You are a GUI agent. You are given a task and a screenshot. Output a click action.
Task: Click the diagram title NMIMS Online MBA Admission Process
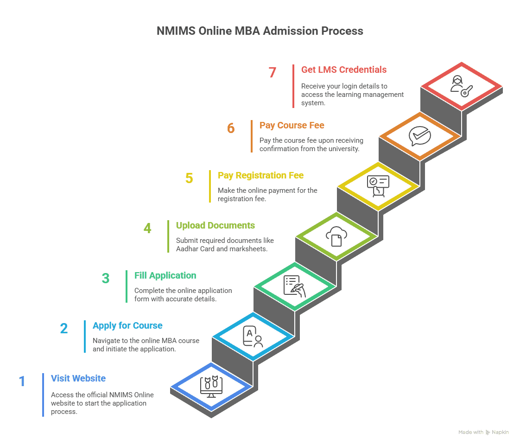point(260,31)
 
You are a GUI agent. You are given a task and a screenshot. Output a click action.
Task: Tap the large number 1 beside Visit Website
point(22,381)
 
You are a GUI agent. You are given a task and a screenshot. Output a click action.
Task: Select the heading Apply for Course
point(127,325)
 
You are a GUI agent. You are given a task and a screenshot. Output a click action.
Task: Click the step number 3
point(106,279)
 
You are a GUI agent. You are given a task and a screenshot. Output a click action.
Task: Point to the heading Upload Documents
point(216,225)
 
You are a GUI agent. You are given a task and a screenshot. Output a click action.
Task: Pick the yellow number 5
point(189,178)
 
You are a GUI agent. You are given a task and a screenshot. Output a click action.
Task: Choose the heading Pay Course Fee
point(292,125)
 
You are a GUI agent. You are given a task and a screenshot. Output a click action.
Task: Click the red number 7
point(273,73)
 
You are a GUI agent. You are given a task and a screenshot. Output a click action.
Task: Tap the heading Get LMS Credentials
point(344,70)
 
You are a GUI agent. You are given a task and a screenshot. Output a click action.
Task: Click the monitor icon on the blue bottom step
point(211,387)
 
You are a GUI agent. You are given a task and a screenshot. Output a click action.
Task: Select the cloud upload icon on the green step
point(336,236)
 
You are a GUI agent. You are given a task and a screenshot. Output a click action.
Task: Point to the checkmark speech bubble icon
point(420,135)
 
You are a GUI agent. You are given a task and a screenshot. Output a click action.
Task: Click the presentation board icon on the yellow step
point(378,185)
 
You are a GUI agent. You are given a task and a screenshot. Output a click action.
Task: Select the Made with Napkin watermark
point(483,432)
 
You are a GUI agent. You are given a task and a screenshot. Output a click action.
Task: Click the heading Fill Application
point(165,275)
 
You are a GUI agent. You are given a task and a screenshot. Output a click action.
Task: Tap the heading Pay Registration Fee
point(261,175)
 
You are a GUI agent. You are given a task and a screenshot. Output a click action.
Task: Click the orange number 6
point(231,128)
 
